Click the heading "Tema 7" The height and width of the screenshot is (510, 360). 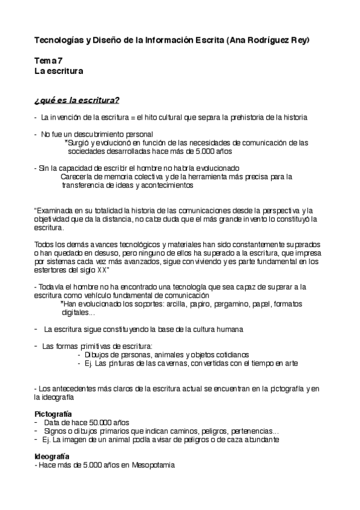click(x=49, y=60)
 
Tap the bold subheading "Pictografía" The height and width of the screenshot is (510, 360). click(x=53, y=414)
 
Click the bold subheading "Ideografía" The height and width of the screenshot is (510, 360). click(x=52, y=456)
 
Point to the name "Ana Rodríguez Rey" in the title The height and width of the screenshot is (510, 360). click(x=271, y=40)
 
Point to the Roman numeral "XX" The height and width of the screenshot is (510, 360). click(x=137, y=271)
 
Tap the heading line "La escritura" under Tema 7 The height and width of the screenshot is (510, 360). click(x=58, y=70)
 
